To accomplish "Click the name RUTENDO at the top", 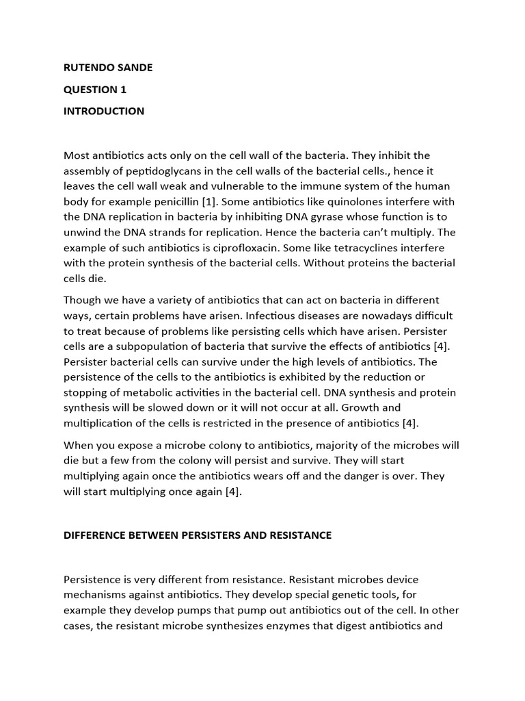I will click(x=87, y=67).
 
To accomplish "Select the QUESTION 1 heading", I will click(x=95, y=89).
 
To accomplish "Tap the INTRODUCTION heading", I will click(x=104, y=111).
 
